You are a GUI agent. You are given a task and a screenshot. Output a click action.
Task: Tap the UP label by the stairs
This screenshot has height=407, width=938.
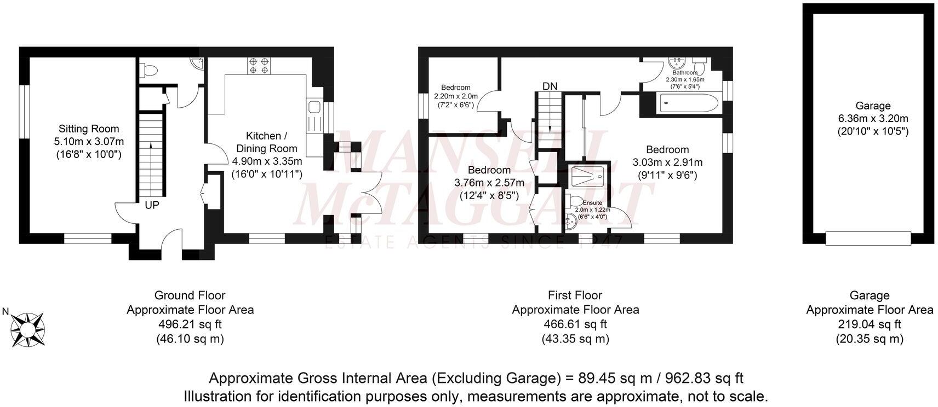click(x=152, y=205)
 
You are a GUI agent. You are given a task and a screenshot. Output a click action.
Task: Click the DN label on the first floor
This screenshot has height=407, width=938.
click(x=550, y=86)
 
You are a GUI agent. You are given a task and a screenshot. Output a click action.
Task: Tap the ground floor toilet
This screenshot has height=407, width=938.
click(x=148, y=71)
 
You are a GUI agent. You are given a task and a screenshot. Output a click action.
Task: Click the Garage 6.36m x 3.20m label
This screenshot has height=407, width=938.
click(x=873, y=118)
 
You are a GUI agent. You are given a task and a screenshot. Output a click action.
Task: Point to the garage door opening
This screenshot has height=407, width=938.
click(x=868, y=239)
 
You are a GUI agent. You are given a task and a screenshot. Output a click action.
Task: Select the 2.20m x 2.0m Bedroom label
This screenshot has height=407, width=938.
click(x=456, y=96)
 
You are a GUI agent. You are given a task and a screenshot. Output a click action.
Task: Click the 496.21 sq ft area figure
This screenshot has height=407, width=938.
click(x=190, y=324)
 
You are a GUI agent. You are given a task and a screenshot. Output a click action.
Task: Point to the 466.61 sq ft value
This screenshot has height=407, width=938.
click(x=575, y=324)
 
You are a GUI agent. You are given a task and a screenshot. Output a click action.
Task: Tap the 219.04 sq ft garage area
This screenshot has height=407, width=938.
click(x=869, y=324)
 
